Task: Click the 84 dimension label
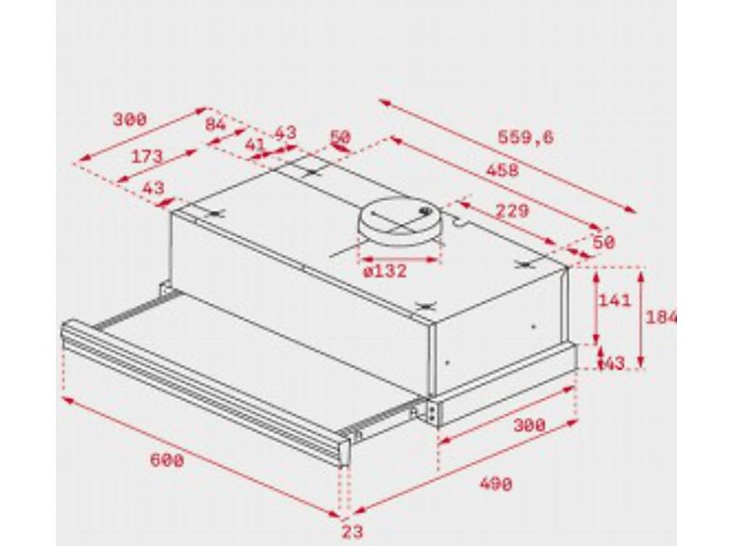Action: click(x=215, y=124)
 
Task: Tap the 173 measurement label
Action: click(x=146, y=156)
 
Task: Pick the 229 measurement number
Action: click(x=511, y=210)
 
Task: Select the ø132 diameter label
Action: click(x=386, y=271)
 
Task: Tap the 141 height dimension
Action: click(x=615, y=300)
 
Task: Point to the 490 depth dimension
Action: click(x=495, y=484)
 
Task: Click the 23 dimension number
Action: click(x=350, y=532)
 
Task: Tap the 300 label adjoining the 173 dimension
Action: click(x=129, y=118)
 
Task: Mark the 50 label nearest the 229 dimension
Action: click(x=603, y=242)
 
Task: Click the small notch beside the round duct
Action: click(x=459, y=220)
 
